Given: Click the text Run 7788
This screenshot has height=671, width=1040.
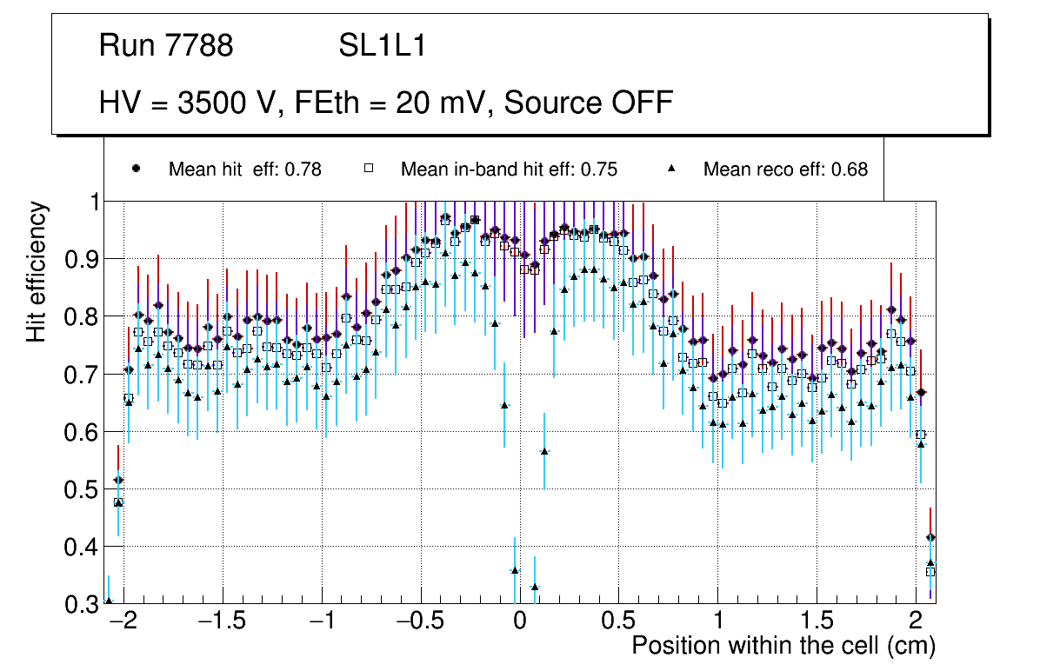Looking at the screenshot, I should (166, 46).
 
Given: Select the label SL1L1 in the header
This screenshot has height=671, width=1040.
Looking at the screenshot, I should (382, 46).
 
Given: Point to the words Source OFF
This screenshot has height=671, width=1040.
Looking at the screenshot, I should (589, 103).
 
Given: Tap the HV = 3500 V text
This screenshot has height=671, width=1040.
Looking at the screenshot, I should (186, 103).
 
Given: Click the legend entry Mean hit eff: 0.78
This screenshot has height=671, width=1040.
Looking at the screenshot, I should (245, 169).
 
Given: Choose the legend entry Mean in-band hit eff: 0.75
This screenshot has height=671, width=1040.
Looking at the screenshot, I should (509, 169).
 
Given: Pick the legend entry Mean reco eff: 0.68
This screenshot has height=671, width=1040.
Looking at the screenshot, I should (785, 169).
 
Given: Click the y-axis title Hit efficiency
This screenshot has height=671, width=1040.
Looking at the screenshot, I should (37, 271).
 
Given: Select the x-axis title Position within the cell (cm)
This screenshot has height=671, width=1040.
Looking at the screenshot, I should (783, 646).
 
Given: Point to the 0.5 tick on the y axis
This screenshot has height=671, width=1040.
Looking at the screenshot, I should (84, 489).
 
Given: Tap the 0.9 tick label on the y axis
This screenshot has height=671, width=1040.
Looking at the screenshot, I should (84, 259).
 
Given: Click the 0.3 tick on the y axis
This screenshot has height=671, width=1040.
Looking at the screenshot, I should (84, 604).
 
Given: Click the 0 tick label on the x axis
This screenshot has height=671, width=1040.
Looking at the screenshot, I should (519, 621).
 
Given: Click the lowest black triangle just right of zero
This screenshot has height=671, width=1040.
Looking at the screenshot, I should (534, 588).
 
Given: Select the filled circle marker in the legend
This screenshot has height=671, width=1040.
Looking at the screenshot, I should (136, 169).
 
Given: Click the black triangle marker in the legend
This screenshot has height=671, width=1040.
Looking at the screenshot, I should (673, 169).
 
